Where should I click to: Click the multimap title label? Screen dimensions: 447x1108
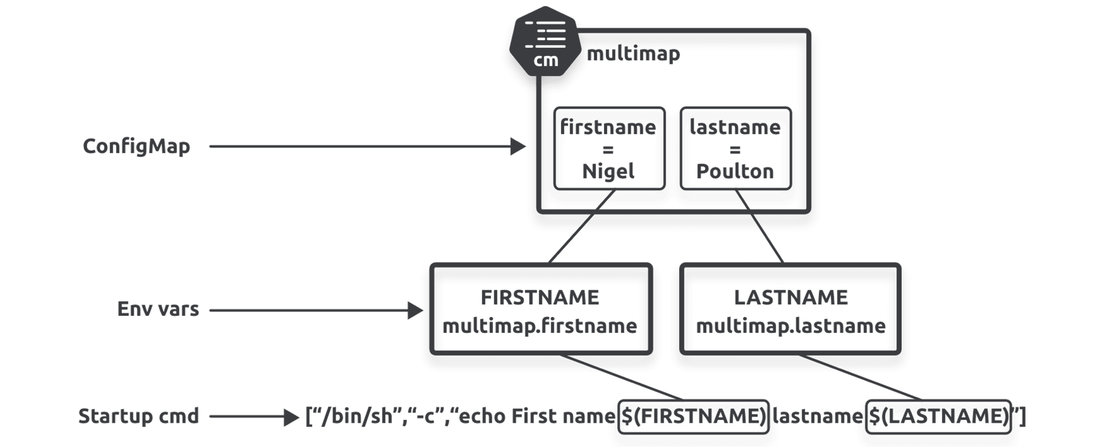(633, 54)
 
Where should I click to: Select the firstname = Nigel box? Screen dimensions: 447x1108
(609, 148)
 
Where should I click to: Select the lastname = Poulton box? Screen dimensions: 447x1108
(735, 148)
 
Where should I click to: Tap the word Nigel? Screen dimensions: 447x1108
(608, 171)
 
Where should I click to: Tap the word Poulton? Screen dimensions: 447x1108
(735, 171)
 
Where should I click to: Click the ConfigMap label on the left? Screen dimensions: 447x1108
(136, 146)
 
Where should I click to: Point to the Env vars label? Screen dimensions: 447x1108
(158, 309)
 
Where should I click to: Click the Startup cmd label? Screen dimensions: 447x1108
(138, 416)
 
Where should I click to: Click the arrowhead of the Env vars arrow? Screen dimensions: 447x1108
(415, 310)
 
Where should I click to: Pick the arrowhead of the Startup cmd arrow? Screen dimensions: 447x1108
(291, 417)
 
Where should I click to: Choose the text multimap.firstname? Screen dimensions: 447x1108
(540, 326)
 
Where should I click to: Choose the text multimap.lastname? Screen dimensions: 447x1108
(791, 326)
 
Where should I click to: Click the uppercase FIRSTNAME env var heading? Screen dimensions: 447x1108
(540, 298)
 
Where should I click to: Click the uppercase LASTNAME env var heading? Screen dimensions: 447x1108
(791, 298)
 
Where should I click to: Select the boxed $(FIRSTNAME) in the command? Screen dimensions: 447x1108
(693, 416)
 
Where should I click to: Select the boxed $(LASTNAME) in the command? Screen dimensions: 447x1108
(938, 416)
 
